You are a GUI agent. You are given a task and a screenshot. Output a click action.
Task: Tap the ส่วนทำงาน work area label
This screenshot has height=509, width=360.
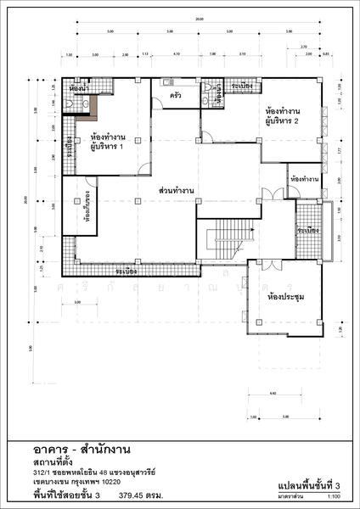point(177,192)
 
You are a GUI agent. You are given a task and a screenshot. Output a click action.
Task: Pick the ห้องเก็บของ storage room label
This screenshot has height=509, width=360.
point(87,204)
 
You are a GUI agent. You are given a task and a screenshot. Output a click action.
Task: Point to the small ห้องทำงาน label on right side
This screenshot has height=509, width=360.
point(303,180)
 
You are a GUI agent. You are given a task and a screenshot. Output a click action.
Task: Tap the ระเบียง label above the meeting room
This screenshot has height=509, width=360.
point(307,231)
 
